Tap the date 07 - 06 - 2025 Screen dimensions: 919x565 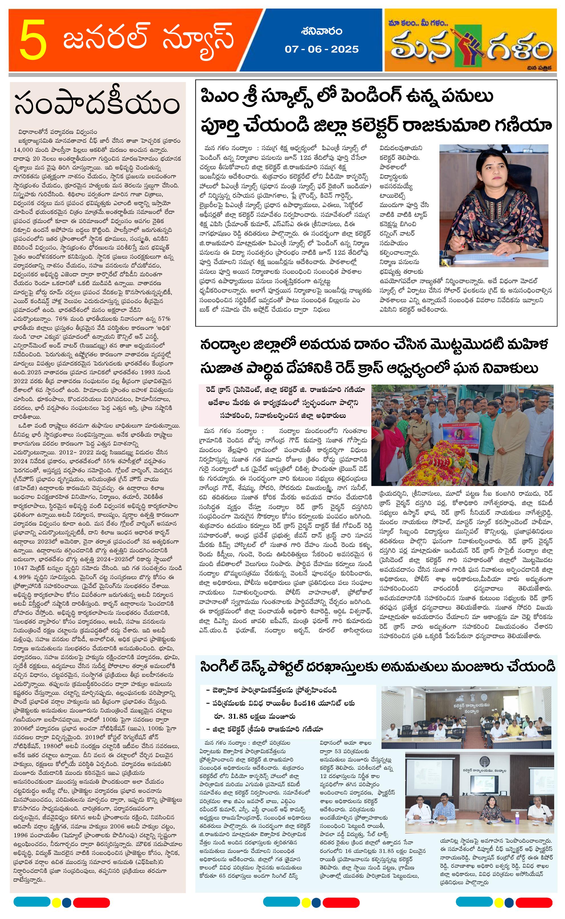[x=321, y=49]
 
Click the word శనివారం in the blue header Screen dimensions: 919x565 [x=321, y=31]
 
